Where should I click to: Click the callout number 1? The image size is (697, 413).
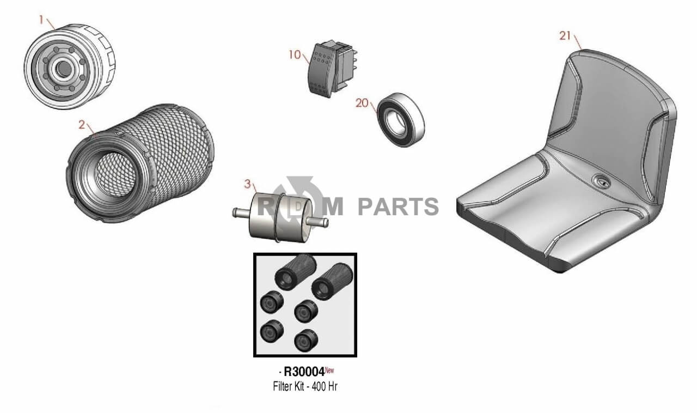[x=41, y=19]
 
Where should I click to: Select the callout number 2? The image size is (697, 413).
[x=81, y=124]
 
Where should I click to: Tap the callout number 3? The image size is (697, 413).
[x=247, y=184]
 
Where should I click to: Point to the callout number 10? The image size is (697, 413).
[x=295, y=55]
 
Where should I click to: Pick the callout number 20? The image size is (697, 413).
[x=362, y=103]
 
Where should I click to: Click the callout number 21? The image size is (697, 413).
[x=565, y=36]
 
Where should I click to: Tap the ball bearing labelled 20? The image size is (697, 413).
[x=400, y=119]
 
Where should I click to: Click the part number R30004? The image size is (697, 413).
[x=304, y=372]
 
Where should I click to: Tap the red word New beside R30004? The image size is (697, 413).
[x=329, y=371]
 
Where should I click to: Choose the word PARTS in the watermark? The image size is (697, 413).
[x=398, y=207]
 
